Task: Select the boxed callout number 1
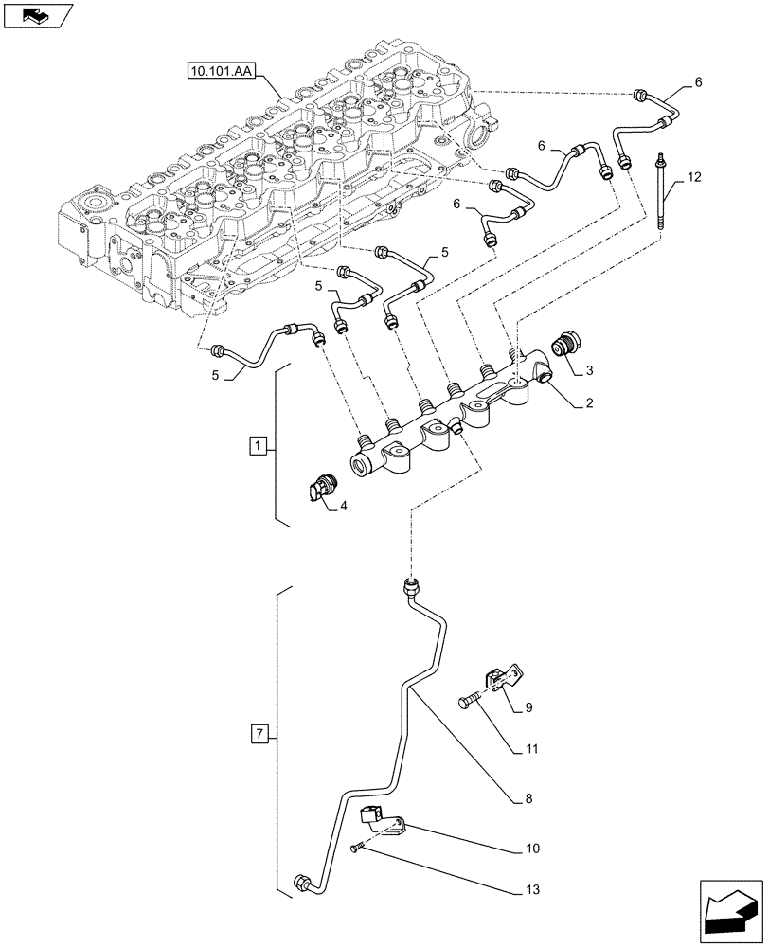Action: click(x=257, y=445)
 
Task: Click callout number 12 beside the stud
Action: click(x=695, y=176)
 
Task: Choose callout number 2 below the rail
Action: click(x=588, y=403)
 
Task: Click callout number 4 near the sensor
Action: click(x=343, y=507)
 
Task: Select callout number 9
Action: click(x=529, y=706)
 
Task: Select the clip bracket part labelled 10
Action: click(x=384, y=820)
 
